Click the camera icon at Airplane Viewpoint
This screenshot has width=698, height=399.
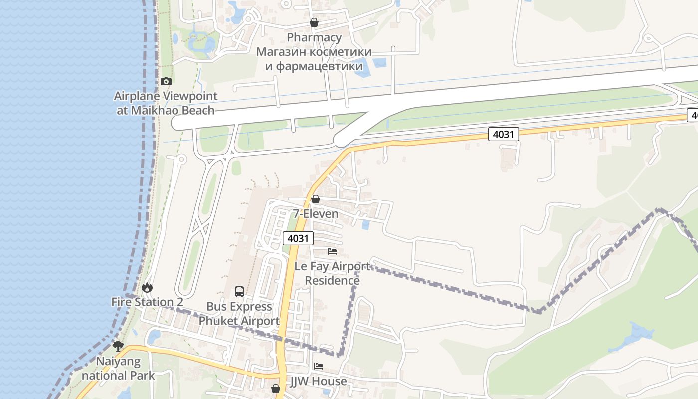(166, 81)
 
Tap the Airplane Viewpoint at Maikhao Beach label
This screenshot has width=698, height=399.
(166, 103)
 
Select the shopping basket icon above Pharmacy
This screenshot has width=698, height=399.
(314, 22)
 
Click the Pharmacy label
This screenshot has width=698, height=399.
(314, 37)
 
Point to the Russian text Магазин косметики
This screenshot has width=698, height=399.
(314, 52)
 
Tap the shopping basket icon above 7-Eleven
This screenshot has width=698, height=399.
(315, 199)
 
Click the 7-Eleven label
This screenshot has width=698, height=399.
(315, 214)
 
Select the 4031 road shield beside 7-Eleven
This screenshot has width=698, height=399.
(298, 238)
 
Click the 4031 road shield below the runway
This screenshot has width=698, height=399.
(504, 134)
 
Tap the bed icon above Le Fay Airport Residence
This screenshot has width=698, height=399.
(332, 251)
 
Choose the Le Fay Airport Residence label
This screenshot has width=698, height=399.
(333, 273)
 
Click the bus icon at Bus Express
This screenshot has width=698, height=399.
(239, 292)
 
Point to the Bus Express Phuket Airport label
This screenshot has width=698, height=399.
(239, 314)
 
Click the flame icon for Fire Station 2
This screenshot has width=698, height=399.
(147, 288)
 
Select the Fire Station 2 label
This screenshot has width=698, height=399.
(147, 302)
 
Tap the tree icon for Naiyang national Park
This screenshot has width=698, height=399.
(118, 346)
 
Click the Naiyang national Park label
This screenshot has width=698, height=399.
(119, 368)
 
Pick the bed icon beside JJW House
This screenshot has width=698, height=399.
(319, 366)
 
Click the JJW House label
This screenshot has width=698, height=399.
(319, 381)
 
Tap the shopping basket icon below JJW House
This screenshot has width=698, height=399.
(275, 389)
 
